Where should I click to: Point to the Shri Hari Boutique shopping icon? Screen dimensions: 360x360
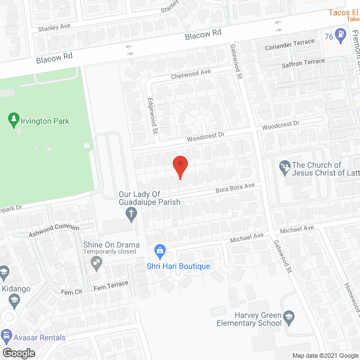click(160, 250)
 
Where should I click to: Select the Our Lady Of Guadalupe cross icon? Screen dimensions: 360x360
click(130, 214)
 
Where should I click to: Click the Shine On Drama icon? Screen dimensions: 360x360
click(97, 261)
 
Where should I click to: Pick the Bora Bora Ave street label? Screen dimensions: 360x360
click(235, 187)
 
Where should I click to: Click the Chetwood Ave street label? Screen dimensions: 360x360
click(191, 74)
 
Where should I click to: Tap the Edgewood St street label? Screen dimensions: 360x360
click(151, 115)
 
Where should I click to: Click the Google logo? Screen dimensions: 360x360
click(18, 353)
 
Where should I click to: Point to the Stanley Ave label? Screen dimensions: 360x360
click(53, 26)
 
